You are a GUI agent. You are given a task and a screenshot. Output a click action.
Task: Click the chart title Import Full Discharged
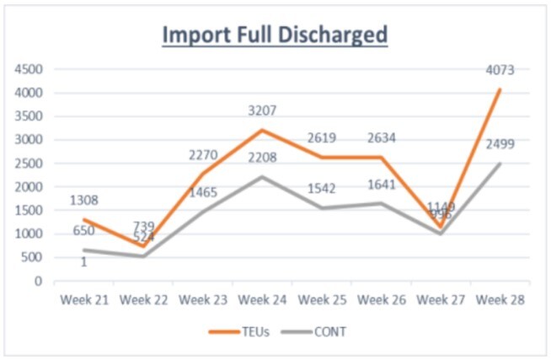pyautogui.click(x=275, y=35)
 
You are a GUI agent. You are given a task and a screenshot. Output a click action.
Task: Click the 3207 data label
pyautogui.click(x=261, y=110)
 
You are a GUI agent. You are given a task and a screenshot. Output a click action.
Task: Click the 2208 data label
pyautogui.click(x=261, y=157)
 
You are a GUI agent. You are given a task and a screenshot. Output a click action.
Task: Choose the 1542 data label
pyautogui.click(x=321, y=188)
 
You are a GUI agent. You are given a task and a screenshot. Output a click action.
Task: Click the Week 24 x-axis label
pyautogui.click(x=261, y=298)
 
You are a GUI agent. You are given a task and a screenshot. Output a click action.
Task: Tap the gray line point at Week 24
pyautogui.click(x=261, y=177)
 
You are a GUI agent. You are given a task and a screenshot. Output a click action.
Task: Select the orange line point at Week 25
pyautogui.click(x=321, y=158)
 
